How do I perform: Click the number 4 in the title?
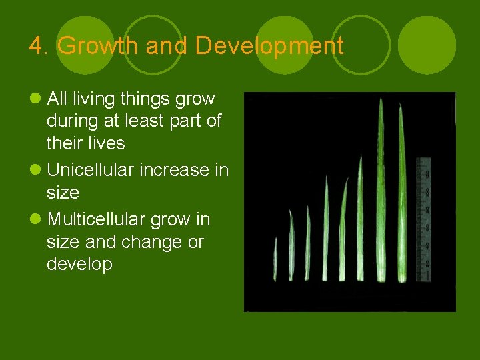[x=35, y=46]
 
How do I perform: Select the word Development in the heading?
[x=270, y=46]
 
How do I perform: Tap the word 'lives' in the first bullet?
[x=107, y=143]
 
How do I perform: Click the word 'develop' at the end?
[x=79, y=265]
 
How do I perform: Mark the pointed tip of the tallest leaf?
[x=381, y=100]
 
